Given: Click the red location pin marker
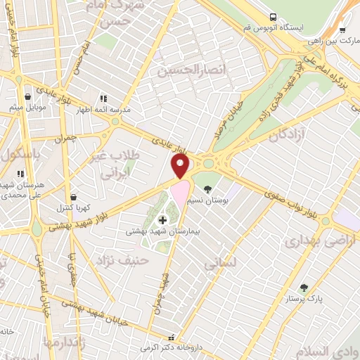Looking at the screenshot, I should [181, 166].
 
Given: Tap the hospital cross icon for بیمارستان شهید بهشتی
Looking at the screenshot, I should [162, 220].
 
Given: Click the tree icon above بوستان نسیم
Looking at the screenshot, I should [207, 189].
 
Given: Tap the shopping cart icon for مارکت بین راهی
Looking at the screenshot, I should [342, 30].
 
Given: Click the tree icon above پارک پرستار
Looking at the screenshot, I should [304, 287].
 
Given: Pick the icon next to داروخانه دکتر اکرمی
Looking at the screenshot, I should [171, 337].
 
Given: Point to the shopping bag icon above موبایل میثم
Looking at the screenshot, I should [27, 97].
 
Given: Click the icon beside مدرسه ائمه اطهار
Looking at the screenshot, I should [103, 98].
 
